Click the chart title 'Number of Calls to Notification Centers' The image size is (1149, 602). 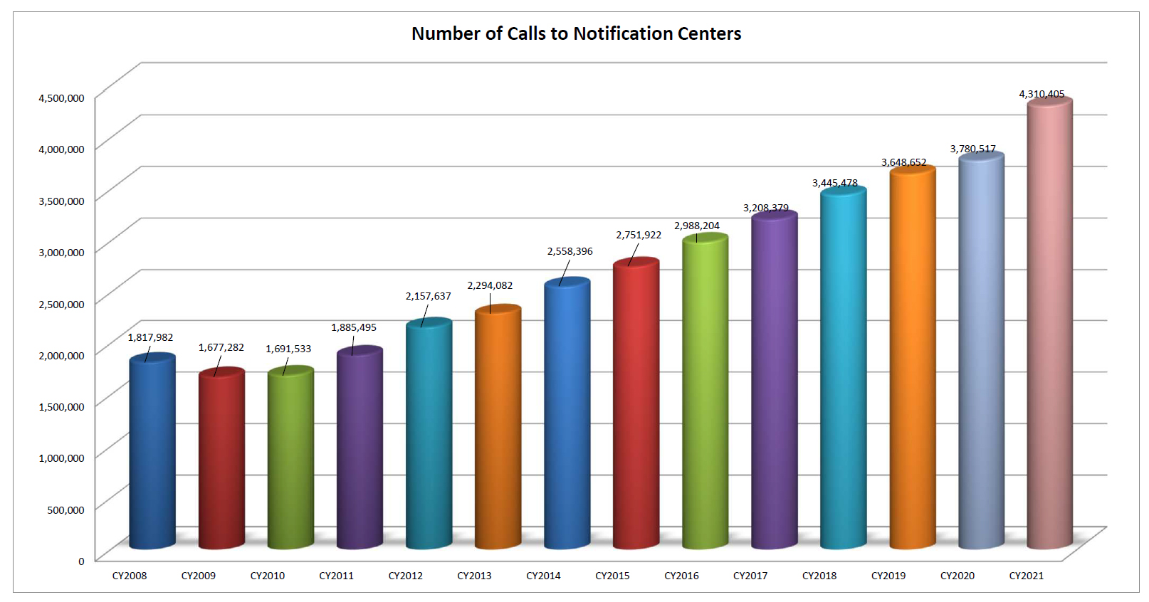576,33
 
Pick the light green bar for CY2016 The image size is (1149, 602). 705,391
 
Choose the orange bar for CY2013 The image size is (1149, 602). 498,427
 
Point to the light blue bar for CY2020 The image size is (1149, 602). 980,349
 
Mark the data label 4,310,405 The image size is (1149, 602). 1042,94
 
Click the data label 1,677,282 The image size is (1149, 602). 221,347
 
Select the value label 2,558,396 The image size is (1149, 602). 570,251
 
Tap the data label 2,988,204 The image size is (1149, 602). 697,226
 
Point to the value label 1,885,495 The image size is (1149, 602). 353,327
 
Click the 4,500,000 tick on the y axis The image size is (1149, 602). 61,97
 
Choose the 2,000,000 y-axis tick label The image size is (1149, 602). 61,355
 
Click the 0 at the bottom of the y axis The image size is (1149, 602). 81,561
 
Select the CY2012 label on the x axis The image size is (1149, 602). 405,576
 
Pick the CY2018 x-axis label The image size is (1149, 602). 819,576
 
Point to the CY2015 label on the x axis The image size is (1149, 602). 612,576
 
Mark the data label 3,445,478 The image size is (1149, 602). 834,183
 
